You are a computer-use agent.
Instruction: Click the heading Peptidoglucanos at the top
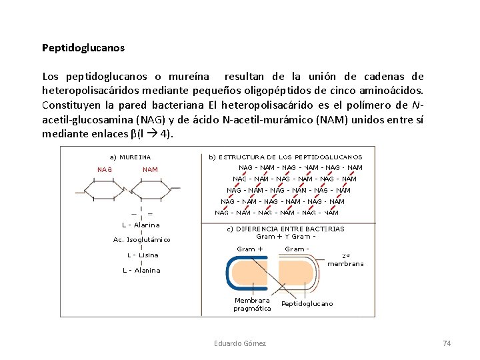tap(83, 48)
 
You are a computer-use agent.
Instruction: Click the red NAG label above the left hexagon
tap(105, 169)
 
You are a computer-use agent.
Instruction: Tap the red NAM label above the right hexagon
tap(151, 169)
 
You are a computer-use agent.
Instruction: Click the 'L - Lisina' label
tap(143, 255)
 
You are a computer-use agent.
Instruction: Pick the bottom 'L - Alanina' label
tap(141, 270)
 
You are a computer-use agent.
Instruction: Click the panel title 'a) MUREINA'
tap(130, 157)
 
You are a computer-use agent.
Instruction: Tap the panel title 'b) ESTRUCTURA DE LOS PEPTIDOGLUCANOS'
tap(285, 157)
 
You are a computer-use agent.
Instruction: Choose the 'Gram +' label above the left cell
tap(250, 249)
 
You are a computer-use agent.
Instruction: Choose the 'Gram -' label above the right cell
tap(296, 249)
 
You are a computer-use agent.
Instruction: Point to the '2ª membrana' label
tap(345, 259)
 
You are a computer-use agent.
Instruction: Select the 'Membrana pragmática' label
tap(252, 304)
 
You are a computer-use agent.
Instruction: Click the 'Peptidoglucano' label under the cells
tap(307, 304)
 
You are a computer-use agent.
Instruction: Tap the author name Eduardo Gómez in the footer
tap(240, 343)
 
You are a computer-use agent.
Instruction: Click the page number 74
tap(447, 343)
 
